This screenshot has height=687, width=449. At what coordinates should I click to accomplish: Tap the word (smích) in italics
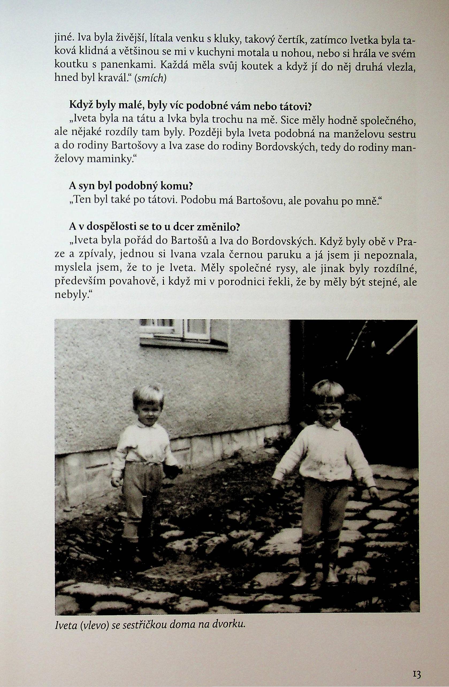click(x=150, y=78)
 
